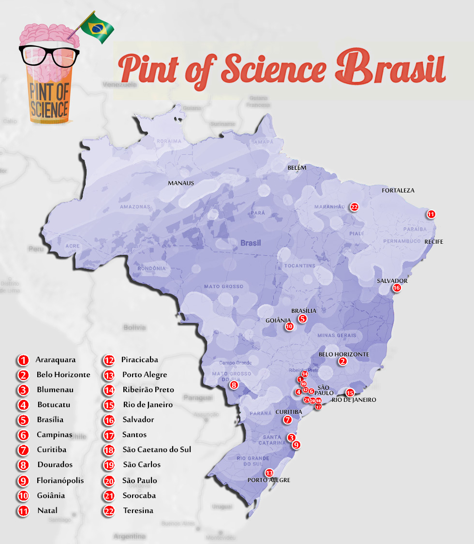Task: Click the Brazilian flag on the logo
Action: click(98, 28)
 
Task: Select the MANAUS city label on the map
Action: click(181, 183)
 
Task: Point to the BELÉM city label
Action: click(297, 168)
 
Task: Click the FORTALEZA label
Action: click(398, 191)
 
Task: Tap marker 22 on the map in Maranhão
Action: click(355, 206)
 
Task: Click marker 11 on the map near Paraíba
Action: click(430, 214)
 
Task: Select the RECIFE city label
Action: click(433, 241)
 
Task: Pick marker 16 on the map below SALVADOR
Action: click(397, 288)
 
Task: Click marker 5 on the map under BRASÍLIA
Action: click(302, 319)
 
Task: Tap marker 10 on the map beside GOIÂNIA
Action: click(289, 326)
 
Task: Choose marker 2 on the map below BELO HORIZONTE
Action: click(342, 361)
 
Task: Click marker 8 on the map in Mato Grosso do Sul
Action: click(234, 385)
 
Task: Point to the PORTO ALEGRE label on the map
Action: click(268, 480)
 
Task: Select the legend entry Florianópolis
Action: click(60, 480)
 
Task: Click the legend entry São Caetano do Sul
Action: click(157, 449)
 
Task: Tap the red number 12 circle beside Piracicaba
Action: click(109, 360)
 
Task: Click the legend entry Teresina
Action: click(138, 510)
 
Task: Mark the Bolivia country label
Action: click(134, 327)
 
